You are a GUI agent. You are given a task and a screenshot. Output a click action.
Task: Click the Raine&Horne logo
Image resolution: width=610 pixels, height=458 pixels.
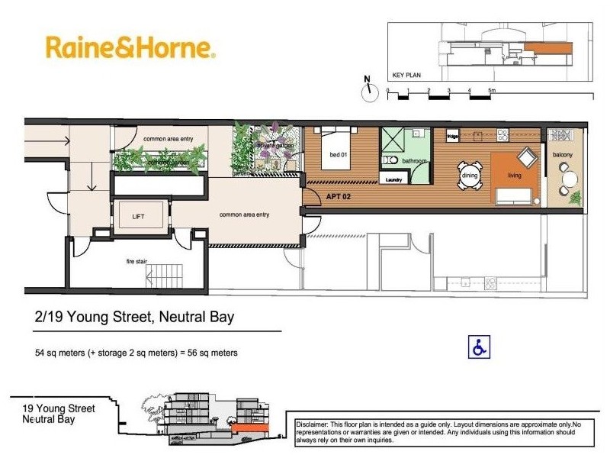(x=130, y=47)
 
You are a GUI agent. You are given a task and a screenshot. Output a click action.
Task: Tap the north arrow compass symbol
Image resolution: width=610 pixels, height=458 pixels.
(x=371, y=89)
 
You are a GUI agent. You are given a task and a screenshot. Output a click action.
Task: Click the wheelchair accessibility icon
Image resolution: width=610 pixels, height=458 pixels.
(x=479, y=347)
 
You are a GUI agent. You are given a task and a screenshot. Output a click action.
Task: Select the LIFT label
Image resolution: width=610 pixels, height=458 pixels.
(x=138, y=217)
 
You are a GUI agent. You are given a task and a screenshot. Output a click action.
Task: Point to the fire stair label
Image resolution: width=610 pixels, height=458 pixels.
(x=136, y=261)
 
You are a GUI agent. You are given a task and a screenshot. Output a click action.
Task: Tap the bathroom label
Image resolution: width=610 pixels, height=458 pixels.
(x=415, y=161)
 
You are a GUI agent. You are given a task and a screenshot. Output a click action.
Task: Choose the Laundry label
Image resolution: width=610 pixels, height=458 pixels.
(x=393, y=180)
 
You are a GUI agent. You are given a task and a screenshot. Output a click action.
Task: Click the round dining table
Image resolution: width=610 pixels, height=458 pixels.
(x=470, y=175)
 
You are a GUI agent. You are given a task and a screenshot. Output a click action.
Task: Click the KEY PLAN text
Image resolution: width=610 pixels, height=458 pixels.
(x=406, y=76)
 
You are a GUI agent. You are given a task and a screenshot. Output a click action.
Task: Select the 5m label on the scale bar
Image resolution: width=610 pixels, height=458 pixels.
(x=493, y=91)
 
